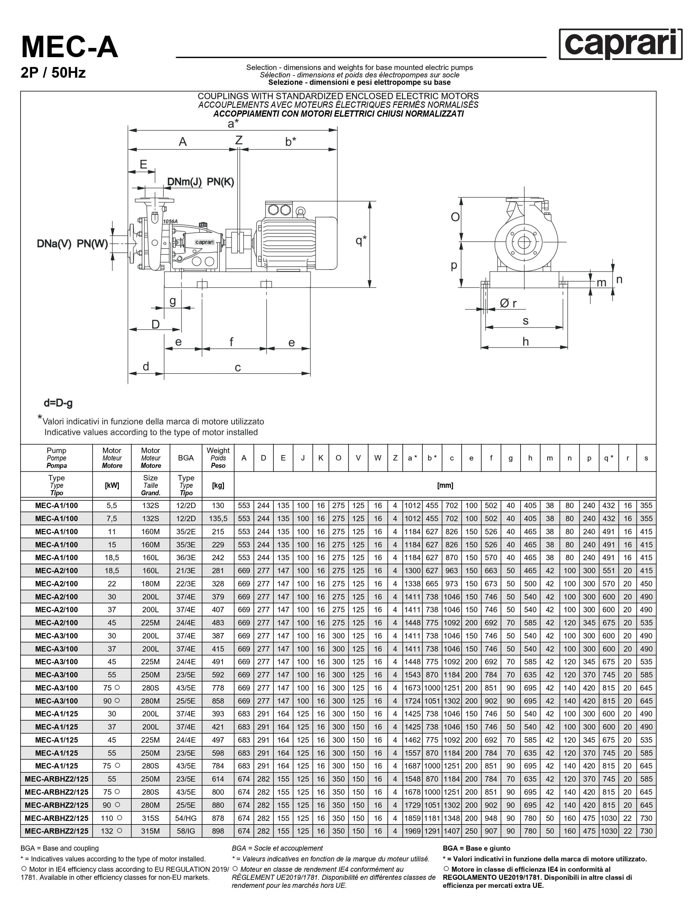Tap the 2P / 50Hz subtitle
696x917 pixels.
[53, 73]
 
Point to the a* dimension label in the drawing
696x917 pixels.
[233, 124]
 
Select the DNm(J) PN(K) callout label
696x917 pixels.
[200, 182]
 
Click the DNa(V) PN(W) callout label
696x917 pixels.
[72, 244]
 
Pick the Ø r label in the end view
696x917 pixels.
[508, 304]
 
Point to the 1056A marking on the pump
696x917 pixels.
[170, 221]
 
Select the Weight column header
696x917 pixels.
[218, 458]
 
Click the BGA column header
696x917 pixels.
[186, 458]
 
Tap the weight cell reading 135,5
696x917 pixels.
[218, 518]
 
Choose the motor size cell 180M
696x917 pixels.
[151, 584]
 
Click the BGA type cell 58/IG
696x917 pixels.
[186, 831]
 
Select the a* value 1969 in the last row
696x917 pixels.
[412, 831]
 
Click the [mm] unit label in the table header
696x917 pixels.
[445, 485]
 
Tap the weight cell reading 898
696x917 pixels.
[218, 831]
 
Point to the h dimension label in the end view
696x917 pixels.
[526, 342]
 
